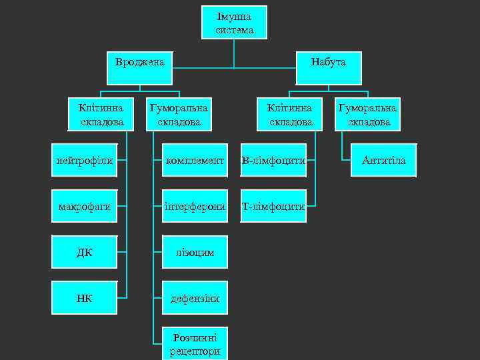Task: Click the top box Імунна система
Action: click(x=234, y=23)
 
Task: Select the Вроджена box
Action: click(x=140, y=67)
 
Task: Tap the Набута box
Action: click(x=328, y=67)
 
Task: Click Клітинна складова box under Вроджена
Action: click(x=101, y=114)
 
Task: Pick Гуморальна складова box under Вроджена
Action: click(x=179, y=114)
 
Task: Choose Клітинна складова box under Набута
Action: click(x=290, y=114)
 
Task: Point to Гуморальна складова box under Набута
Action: click(x=368, y=114)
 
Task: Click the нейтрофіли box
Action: click(x=85, y=160)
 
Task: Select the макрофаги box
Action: click(x=85, y=206)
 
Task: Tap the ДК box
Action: click(x=85, y=252)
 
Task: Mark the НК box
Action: click(x=85, y=297)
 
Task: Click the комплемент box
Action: click(x=195, y=160)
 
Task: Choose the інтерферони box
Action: click(x=195, y=206)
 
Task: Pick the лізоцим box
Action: click(x=195, y=252)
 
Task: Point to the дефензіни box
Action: click(x=195, y=297)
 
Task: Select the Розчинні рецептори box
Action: click(x=195, y=343)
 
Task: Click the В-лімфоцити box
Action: click(x=273, y=160)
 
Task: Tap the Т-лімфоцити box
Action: click(x=273, y=206)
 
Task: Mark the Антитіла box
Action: click(x=383, y=160)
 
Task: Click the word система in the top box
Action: click(x=234, y=30)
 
